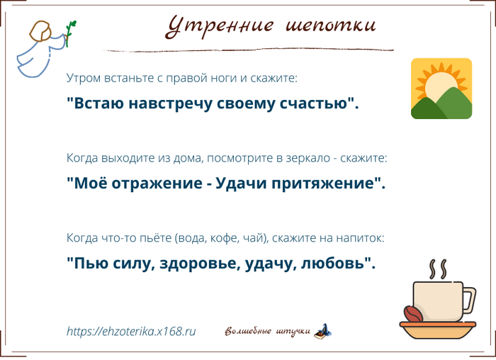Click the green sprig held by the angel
click(70, 32)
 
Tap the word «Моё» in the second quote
click(88, 184)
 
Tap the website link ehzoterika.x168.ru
click(131, 331)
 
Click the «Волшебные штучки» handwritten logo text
click(267, 332)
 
